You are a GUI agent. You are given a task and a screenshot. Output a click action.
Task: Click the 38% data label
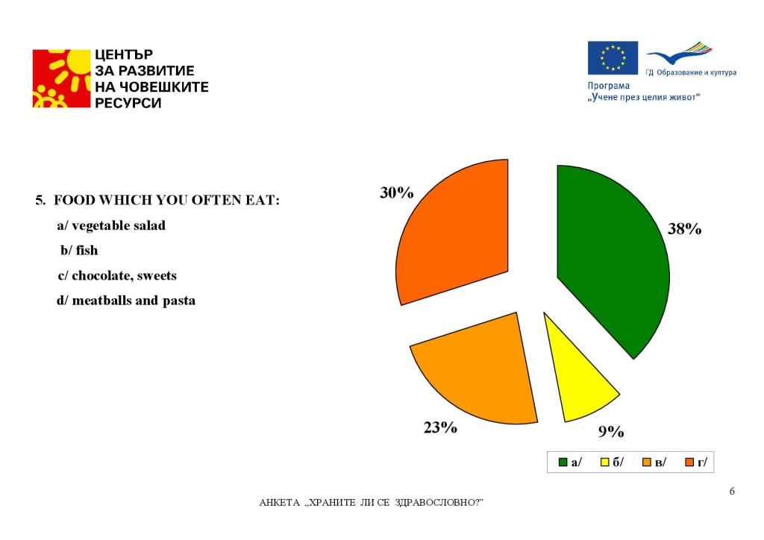[684, 230]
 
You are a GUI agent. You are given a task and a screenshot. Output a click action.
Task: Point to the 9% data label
[610, 431]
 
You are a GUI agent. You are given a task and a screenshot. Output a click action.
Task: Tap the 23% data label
[440, 427]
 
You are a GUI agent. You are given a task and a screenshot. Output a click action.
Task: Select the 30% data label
[396, 192]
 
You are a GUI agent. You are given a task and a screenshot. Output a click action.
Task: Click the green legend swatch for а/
[563, 462]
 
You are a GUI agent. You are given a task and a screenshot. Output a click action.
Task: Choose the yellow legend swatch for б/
[606, 462]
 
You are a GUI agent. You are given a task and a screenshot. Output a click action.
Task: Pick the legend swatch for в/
[648, 462]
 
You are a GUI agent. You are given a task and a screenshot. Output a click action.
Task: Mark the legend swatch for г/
[690, 462]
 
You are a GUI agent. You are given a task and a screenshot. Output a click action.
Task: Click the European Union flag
[613, 57]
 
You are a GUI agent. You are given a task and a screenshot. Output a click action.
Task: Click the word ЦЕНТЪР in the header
[124, 54]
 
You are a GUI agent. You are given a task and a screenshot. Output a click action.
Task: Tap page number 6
[732, 491]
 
